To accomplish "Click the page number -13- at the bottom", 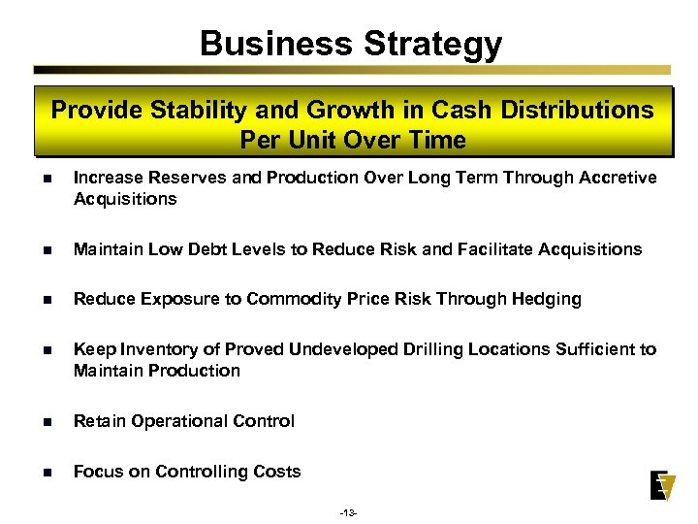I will click(349, 510).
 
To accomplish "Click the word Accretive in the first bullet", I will click(619, 178).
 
